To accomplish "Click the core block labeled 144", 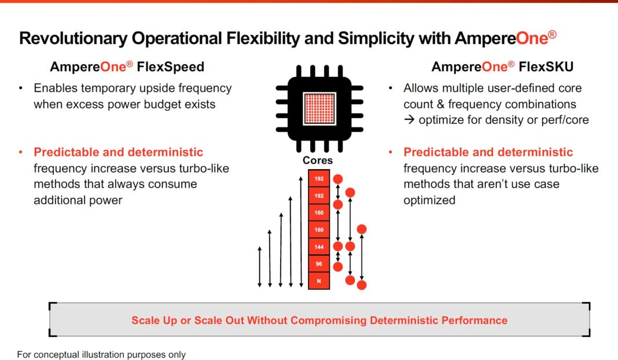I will (x=319, y=247).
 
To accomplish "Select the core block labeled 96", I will (x=319, y=264).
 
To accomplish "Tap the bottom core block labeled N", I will (x=319, y=281).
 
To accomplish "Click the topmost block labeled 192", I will (x=319, y=179).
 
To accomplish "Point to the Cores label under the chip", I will (x=318, y=160).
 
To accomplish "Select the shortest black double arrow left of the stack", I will (x=259, y=266).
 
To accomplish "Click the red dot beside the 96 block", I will (x=339, y=267).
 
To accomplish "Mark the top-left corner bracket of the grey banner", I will (x=52, y=305).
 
